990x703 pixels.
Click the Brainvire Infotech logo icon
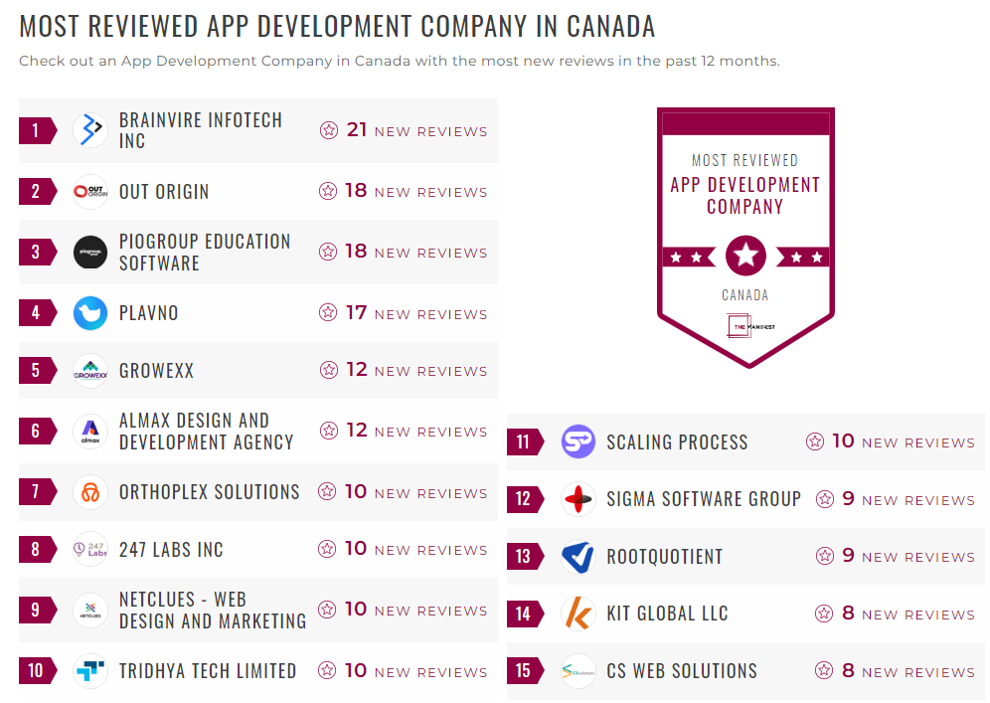[x=90, y=130]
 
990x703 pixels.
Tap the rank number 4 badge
[x=37, y=313]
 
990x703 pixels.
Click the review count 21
[x=357, y=130]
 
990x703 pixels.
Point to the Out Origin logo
[x=90, y=192]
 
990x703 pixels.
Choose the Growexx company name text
[x=156, y=371]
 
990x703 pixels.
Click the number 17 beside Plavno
[x=356, y=313]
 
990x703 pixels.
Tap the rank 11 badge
[x=524, y=442]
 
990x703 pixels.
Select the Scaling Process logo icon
[x=578, y=441]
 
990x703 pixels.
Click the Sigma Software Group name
[x=704, y=499]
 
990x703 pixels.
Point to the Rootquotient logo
[x=577, y=557]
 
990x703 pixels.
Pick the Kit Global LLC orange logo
[x=577, y=615]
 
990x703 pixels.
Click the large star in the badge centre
[x=745, y=257]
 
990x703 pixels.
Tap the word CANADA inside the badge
[x=744, y=295]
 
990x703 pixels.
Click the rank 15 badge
[x=524, y=671]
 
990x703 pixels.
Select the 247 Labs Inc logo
[x=90, y=549]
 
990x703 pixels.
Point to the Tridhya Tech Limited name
[x=208, y=671]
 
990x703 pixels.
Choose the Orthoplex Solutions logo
[x=90, y=492]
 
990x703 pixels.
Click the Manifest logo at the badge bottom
[x=744, y=326]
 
